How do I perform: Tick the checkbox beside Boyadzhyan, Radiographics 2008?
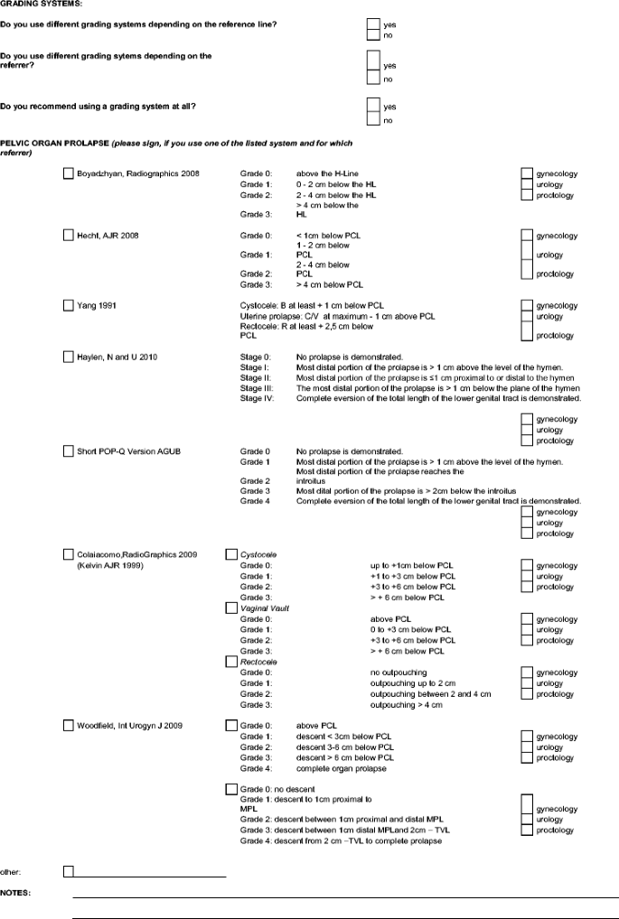click(x=69, y=172)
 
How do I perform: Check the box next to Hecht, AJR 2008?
click(x=69, y=235)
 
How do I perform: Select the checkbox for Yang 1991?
click(x=69, y=306)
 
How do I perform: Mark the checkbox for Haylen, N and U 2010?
click(x=69, y=357)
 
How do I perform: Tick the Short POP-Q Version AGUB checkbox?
click(x=69, y=450)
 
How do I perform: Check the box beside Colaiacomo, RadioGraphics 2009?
click(x=69, y=553)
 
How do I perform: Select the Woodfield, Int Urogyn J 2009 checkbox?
click(x=69, y=725)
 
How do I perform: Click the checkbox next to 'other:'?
click(x=69, y=871)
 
